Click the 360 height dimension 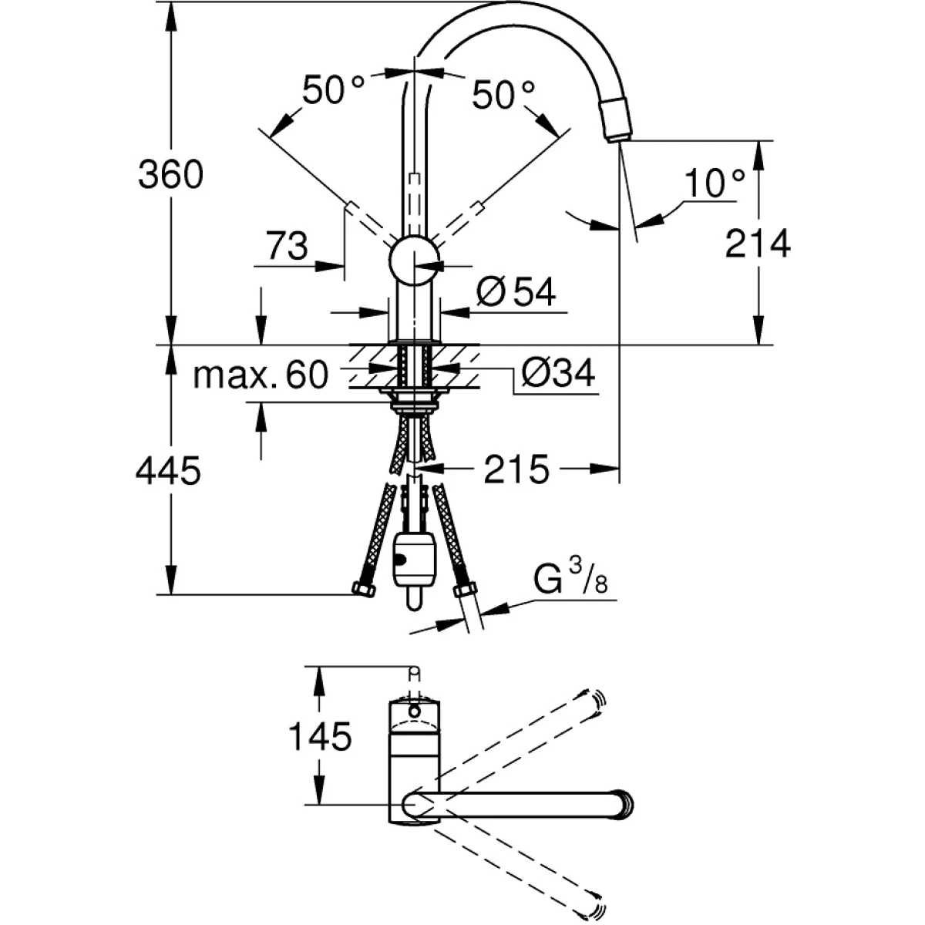pyautogui.click(x=170, y=176)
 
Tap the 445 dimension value pyautogui.click(x=168, y=469)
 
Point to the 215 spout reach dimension pyautogui.click(x=516, y=469)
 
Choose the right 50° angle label pyautogui.click(x=503, y=96)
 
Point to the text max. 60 pyautogui.click(x=261, y=375)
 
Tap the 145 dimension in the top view pyautogui.click(x=320, y=737)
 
